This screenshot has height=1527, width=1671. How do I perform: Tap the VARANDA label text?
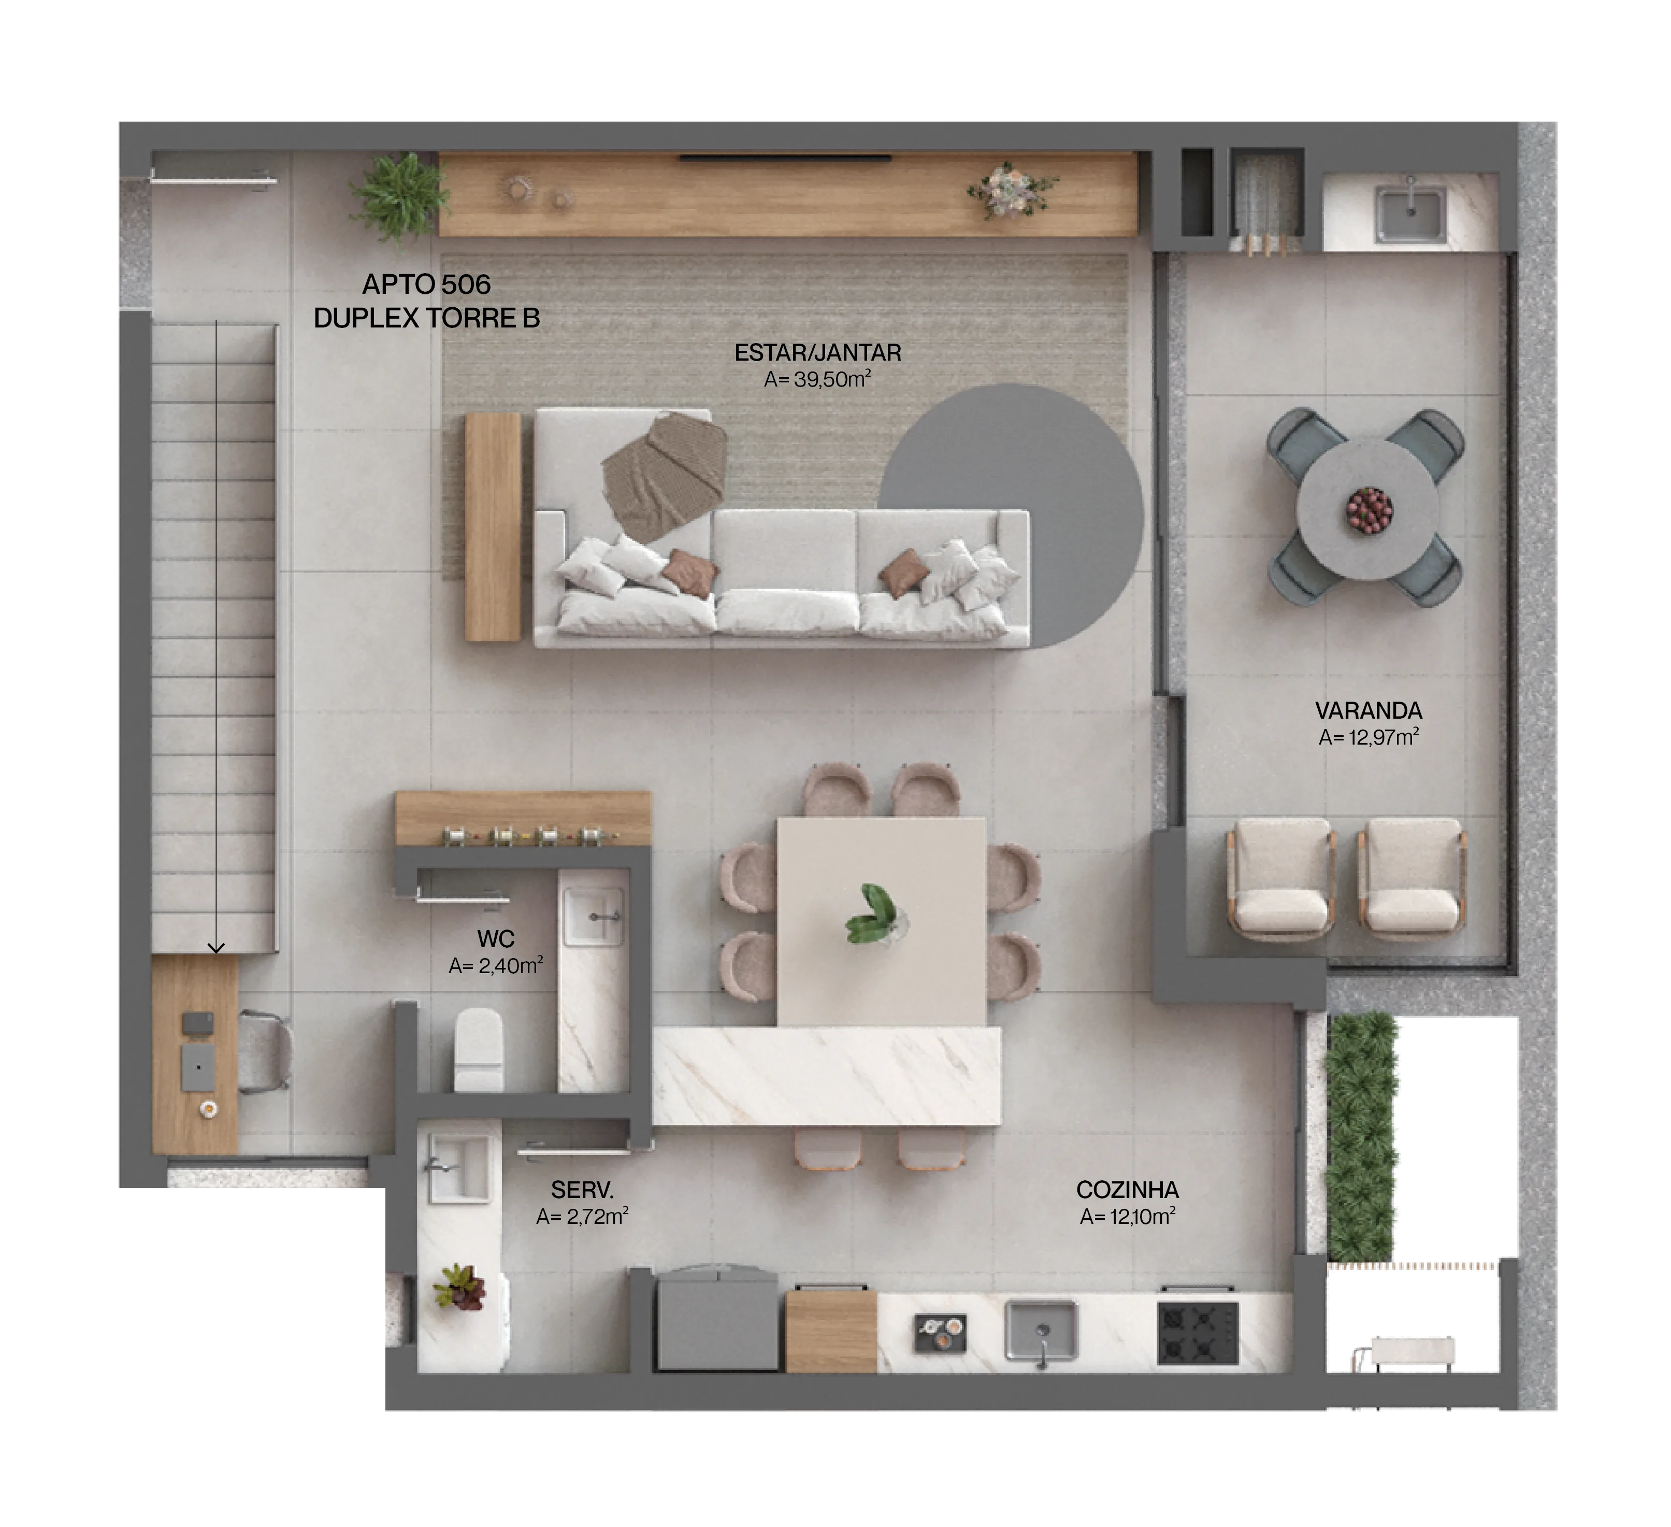click(x=1369, y=710)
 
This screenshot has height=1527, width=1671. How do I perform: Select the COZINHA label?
click(x=1127, y=1190)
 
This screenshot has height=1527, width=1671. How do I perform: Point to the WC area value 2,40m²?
click(x=496, y=966)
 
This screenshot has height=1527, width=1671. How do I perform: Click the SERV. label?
click(x=582, y=1190)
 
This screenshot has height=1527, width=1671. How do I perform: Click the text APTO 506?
click(x=426, y=284)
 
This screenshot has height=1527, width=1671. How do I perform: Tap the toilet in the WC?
click(x=478, y=1049)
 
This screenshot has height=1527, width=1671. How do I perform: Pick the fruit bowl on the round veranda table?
click(x=1369, y=509)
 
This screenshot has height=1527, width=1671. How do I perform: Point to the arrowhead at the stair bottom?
click(x=217, y=948)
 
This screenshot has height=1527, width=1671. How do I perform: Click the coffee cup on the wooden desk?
click(x=209, y=1108)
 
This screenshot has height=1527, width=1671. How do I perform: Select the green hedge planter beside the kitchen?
click(x=1360, y=1136)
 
